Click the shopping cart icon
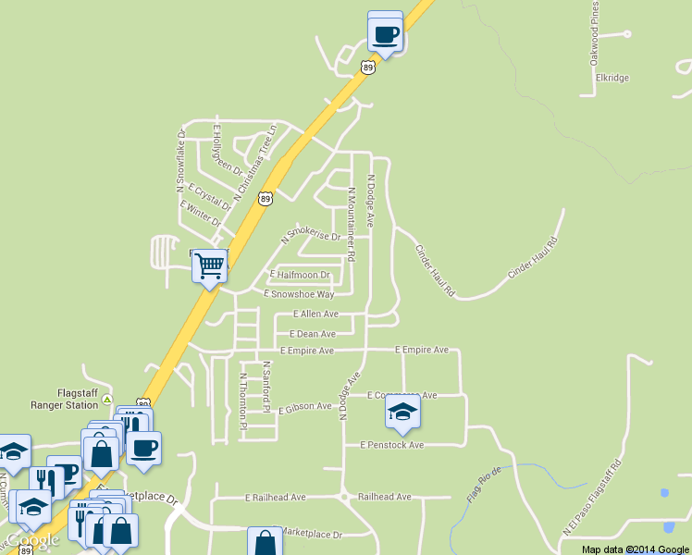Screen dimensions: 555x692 210,266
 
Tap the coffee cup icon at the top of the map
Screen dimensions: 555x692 385,34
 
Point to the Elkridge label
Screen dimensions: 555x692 612,78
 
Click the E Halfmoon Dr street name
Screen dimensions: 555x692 300,275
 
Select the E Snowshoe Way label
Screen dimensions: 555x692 299,294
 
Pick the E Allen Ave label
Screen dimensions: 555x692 315,314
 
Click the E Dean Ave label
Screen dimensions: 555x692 313,333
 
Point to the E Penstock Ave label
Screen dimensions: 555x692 391,445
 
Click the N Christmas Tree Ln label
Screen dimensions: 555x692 255,163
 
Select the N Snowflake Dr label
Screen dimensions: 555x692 181,161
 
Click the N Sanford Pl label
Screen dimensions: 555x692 266,387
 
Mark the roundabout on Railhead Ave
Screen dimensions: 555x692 343,497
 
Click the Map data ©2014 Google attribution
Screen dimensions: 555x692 636,549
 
